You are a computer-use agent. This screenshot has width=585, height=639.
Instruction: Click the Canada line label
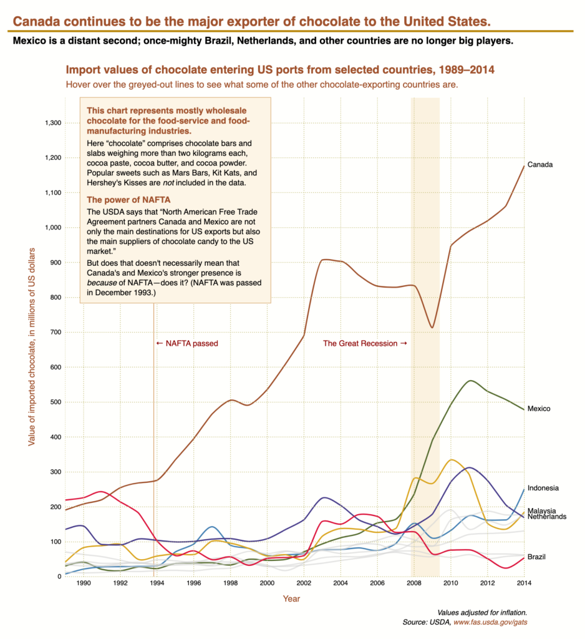click(x=540, y=165)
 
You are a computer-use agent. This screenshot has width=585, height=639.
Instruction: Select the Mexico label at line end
click(x=539, y=409)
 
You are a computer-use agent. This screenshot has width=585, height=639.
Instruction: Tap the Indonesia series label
click(x=543, y=488)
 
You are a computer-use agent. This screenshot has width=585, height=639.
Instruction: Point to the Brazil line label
click(x=537, y=557)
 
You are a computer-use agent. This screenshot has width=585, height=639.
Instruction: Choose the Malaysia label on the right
click(x=541, y=510)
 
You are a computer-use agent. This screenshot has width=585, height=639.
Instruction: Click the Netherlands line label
click(x=546, y=517)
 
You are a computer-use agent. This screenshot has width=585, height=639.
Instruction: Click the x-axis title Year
click(x=291, y=599)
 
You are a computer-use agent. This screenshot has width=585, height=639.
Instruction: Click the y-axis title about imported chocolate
click(x=31, y=346)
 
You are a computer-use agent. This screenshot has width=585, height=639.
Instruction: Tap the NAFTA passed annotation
click(x=187, y=343)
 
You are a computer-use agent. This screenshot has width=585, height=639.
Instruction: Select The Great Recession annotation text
click(x=364, y=343)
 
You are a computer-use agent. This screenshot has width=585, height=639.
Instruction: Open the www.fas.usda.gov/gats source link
click(x=495, y=623)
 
